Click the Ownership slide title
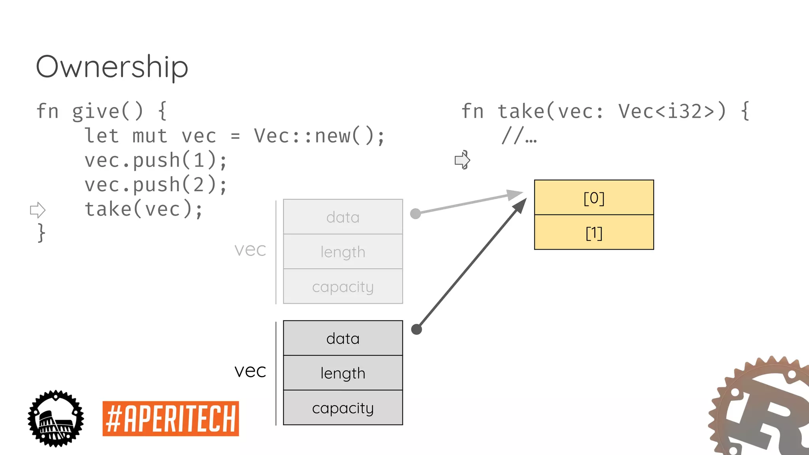[x=112, y=66]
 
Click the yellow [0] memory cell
[x=594, y=197]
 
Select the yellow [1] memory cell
[x=594, y=233]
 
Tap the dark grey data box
[x=343, y=338]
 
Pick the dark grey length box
[x=343, y=373]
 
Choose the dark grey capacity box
[x=343, y=408]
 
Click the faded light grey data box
[x=343, y=217]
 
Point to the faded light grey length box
[x=343, y=252]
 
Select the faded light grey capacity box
[x=343, y=286]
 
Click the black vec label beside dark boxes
[x=250, y=370]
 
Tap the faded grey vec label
[x=250, y=249]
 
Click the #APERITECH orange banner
[x=171, y=419]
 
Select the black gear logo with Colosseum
[x=56, y=419]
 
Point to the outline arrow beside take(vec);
[x=38, y=210]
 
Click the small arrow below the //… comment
[x=462, y=160]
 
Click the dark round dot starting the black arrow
[x=416, y=329]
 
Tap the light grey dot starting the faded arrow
[x=415, y=214]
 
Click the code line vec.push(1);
[x=156, y=160]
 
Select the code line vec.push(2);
[x=156, y=185]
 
